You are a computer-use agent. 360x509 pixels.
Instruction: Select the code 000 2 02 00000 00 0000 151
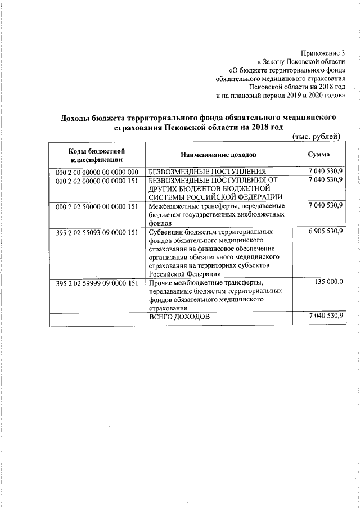[97, 180]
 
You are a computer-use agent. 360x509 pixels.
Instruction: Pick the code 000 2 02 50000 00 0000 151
[97, 206]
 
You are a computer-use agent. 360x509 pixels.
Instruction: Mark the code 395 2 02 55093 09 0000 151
[97, 232]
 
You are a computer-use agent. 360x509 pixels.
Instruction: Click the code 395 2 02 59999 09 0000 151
[97, 283]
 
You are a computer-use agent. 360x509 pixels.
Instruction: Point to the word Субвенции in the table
[166, 232]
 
